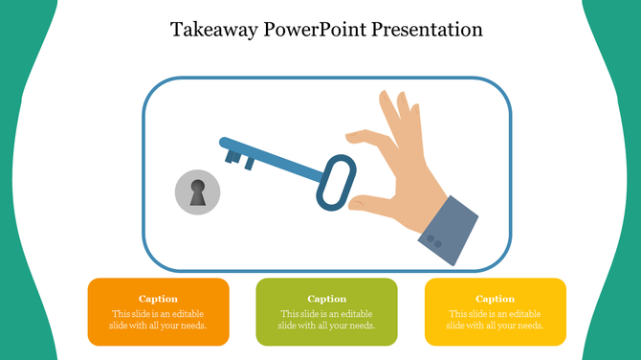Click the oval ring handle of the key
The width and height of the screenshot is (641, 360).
(x=336, y=181)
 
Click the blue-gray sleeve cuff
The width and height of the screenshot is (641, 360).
(x=448, y=229)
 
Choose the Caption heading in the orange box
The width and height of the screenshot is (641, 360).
(x=158, y=299)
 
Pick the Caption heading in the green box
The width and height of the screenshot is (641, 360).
(x=326, y=299)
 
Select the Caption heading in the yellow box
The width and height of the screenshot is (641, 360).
(x=495, y=299)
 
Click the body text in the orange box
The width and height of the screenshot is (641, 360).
(x=158, y=320)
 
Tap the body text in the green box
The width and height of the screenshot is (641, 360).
(x=326, y=320)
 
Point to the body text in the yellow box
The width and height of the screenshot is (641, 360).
(x=495, y=320)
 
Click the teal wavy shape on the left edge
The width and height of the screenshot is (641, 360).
(x=14, y=191)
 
